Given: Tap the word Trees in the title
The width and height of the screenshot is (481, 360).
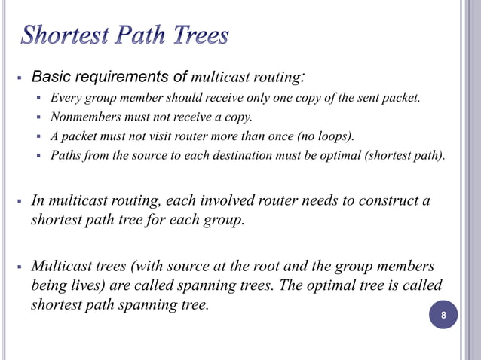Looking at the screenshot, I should pyautogui.click(x=195, y=35).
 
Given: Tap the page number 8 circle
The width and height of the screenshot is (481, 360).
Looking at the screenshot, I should pyautogui.click(x=443, y=316).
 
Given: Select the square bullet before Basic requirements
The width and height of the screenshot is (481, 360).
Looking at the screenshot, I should pyautogui.click(x=20, y=78).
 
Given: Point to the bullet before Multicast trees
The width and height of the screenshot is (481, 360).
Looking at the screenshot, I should pyautogui.click(x=20, y=268).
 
